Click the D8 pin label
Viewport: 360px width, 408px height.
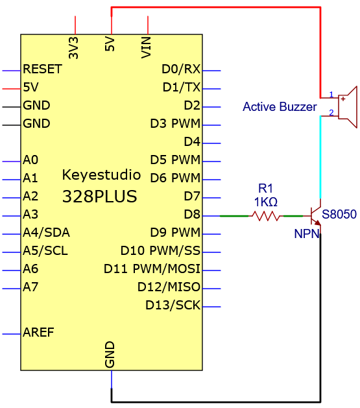[192, 215]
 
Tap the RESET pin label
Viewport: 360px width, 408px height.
[42, 69]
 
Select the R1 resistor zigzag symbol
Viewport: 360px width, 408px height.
[265, 216]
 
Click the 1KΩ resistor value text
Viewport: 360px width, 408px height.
[265, 202]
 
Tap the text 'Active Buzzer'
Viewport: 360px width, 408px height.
[280, 106]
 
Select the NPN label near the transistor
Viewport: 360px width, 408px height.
[307, 234]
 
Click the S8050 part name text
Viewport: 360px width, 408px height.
[339, 214]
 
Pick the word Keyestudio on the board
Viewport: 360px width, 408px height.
[101, 175]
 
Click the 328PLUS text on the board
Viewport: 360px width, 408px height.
[100, 196]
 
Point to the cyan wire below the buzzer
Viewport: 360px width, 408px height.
[320, 157]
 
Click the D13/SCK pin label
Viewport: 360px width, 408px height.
[173, 306]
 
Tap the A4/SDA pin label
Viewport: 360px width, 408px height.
[46, 233]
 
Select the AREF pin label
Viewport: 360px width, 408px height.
[38, 332]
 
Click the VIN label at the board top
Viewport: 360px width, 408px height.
[146, 47]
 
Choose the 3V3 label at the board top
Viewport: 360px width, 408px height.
[73, 48]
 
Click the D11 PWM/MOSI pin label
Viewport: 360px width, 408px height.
[152, 269]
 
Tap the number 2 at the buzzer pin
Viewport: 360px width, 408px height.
[331, 112]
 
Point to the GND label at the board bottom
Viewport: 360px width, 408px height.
[110, 354]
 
